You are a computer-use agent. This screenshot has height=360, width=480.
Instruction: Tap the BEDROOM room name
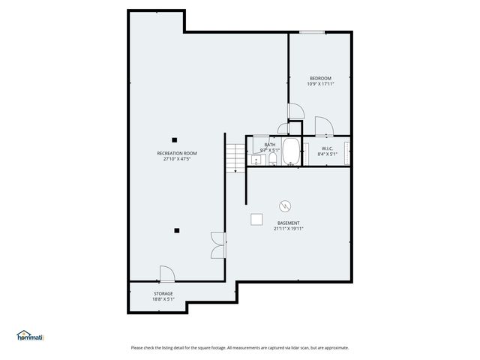(x=320, y=78)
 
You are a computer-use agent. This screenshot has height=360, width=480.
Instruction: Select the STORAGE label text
(x=163, y=293)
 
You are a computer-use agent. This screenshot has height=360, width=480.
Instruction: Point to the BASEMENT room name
(x=288, y=223)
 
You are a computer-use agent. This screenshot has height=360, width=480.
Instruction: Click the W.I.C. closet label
(x=328, y=148)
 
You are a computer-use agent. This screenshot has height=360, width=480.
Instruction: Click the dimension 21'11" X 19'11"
(x=288, y=229)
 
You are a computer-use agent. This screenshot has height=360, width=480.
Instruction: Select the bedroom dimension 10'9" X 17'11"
(x=320, y=84)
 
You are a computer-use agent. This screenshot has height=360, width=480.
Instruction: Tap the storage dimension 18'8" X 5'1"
(x=163, y=299)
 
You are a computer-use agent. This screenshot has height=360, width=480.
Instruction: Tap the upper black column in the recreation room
(x=174, y=139)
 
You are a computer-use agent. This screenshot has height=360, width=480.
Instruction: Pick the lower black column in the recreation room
(x=177, y=230)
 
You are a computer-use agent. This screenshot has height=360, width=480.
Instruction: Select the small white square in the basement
(x=256, y=218)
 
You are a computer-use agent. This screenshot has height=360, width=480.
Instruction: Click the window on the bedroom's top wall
(x=312, y=31)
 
